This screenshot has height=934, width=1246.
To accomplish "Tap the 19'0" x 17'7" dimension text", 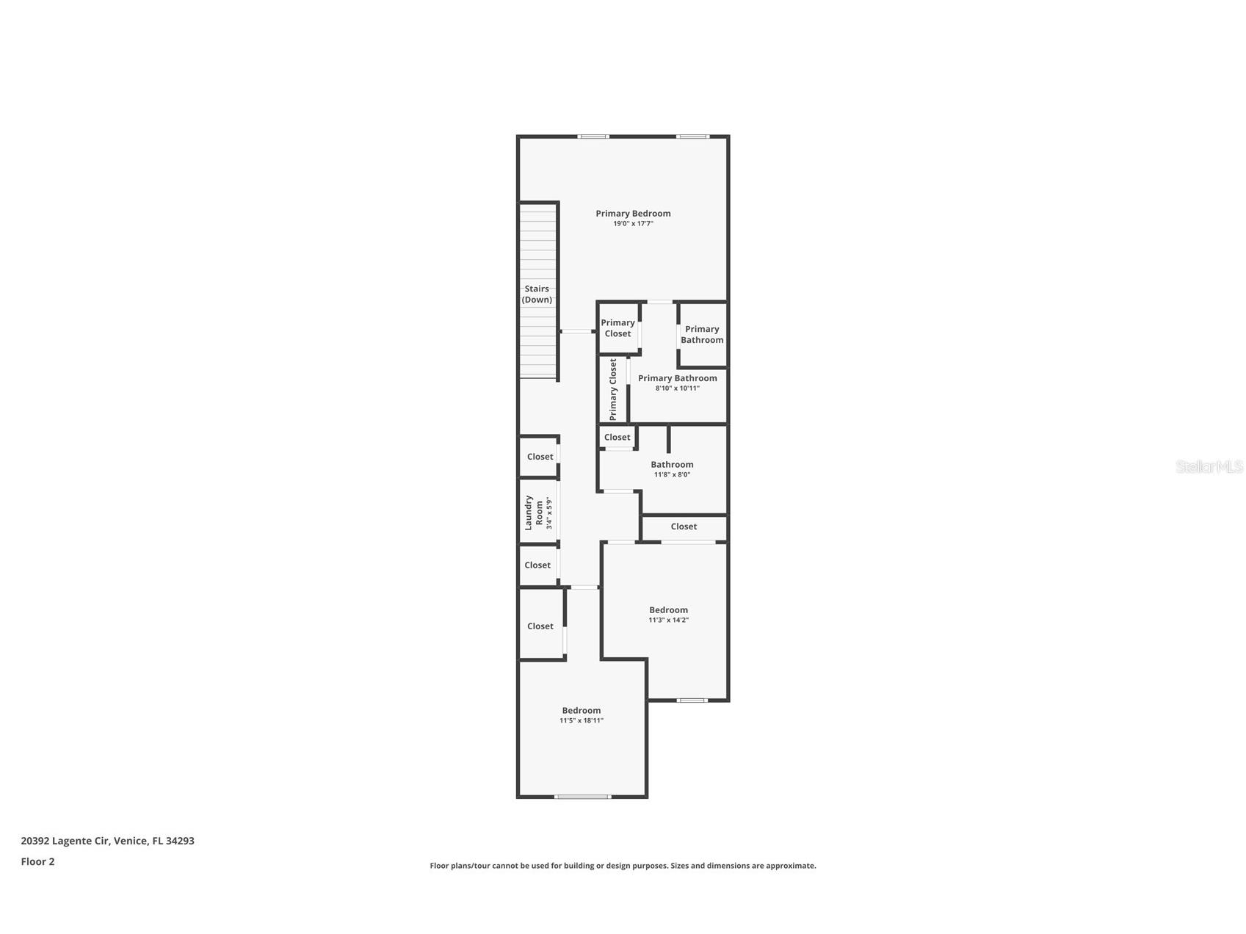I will tap(633, 224).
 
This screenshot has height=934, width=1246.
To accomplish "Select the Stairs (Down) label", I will tap(537, 294).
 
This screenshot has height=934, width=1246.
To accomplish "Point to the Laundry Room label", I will tap(534, 513).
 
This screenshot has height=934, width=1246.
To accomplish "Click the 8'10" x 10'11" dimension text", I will tap(677, 388).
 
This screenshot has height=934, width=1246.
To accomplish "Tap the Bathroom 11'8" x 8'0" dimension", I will tap(672, 475).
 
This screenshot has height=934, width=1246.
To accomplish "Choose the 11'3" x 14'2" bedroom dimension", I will tap(668, 620).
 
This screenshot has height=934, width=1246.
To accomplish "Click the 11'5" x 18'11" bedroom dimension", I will tap(582, 721).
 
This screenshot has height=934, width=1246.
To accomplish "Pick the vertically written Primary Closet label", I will tap(613, 390).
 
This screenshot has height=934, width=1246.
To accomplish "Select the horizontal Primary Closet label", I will tap(617, 328).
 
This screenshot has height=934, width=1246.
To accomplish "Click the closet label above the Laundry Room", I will tap(540, 457).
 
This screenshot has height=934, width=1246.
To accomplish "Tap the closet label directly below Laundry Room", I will tap(537, 565).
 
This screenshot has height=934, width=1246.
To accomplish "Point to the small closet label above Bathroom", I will tap(617, 438).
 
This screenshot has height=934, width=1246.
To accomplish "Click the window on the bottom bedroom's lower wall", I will tap(582, 797).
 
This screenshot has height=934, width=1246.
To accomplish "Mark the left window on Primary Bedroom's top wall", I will tap(593, 137).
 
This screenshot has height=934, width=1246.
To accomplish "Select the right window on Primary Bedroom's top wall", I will tap(692, 137).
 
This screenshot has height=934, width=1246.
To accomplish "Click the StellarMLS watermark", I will tap(1209, 466).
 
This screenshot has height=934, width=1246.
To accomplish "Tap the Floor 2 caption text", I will tap(37, 862).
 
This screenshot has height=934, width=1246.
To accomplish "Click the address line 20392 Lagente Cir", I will tap(107, 841).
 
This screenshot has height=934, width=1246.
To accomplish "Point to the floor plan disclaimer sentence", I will tap(623, 866).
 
